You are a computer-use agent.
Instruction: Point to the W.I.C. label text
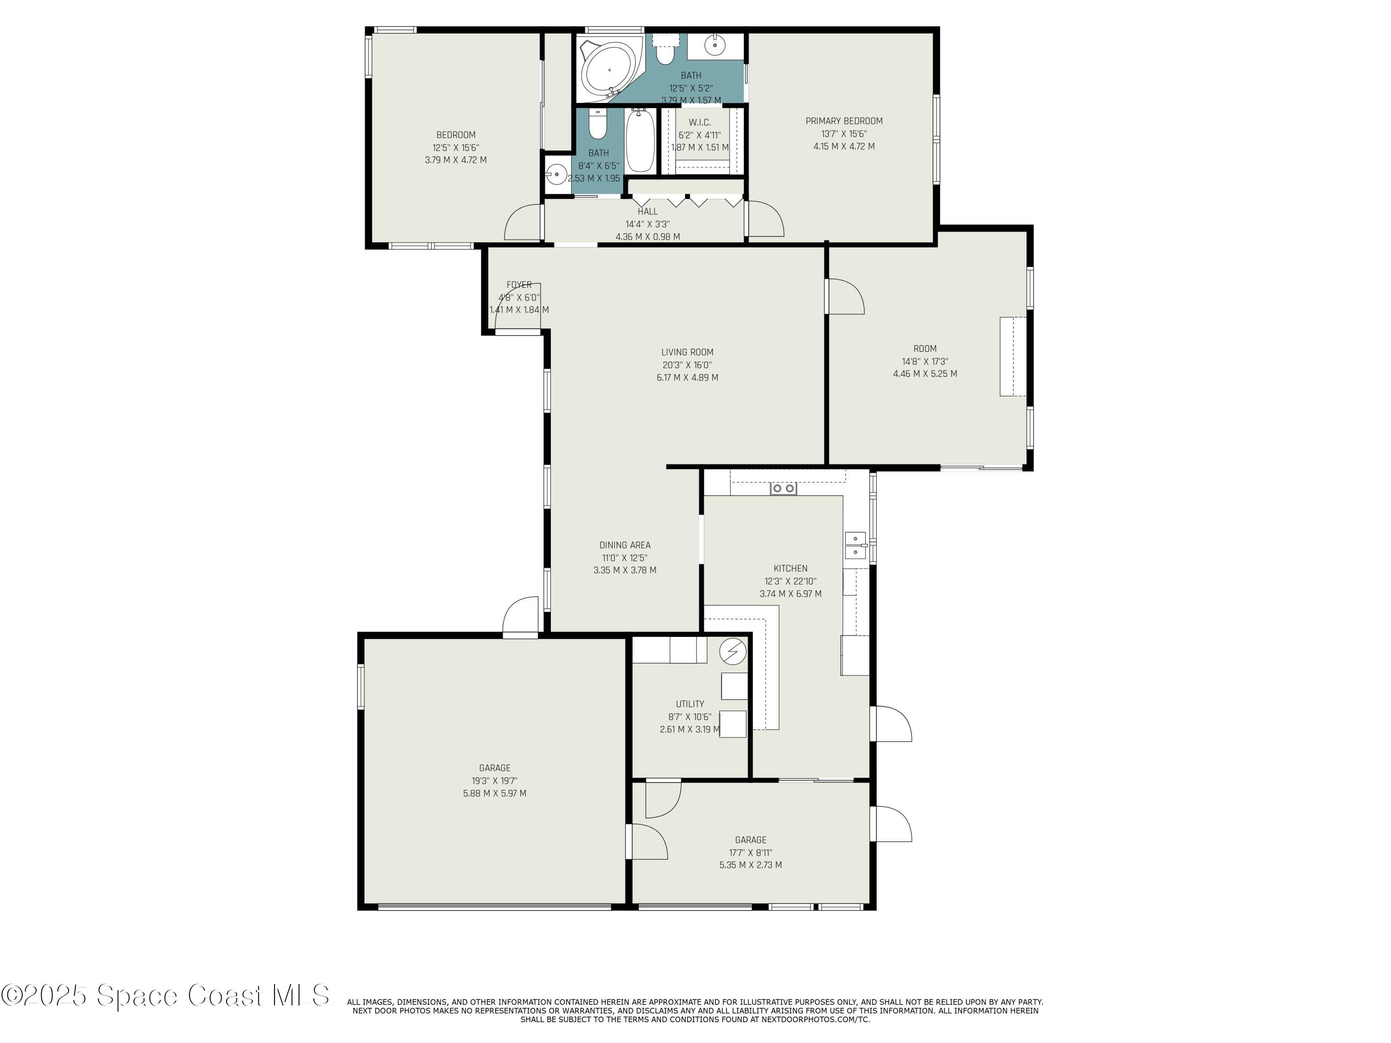[x=699, y=122]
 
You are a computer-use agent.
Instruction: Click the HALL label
[x=647, y=212]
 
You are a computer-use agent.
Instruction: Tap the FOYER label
[x=519, y=285]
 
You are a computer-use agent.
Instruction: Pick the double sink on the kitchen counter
[x=855, y=546]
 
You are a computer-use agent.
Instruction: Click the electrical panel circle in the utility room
[x=733, y=652]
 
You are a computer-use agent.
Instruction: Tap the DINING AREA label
[x=625, y=545]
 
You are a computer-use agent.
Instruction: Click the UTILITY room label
[x=690, y=704]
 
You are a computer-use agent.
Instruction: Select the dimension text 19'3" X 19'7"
[x=494, y=781]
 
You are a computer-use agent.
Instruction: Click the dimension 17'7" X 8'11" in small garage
[x=750, y=852]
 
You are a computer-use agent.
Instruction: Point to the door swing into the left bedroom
[x=522, y=223]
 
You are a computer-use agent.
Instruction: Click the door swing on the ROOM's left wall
[x=846, y=297]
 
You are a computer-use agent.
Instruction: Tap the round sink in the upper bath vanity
[x=715, y=46]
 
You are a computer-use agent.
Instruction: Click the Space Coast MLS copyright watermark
[x=165, y=995]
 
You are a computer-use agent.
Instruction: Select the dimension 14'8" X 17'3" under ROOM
[x=925, y=362]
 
